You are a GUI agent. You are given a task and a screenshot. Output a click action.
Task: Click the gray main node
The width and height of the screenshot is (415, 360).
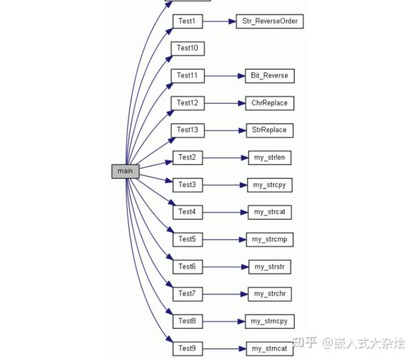[125, 171]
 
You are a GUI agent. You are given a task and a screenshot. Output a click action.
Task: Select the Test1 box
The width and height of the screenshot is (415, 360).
[187, 21]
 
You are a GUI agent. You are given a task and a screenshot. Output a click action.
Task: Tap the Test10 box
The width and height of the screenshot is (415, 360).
[187, 48]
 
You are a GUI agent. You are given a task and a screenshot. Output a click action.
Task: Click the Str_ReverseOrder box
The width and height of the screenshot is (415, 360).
[269, 21]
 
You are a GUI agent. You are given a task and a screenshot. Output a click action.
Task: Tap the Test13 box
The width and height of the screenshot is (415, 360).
[187, 130]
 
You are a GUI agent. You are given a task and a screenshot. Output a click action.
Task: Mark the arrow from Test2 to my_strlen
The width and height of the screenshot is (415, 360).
[225, 158]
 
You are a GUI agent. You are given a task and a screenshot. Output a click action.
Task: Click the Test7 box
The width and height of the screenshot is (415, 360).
[187, 294]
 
